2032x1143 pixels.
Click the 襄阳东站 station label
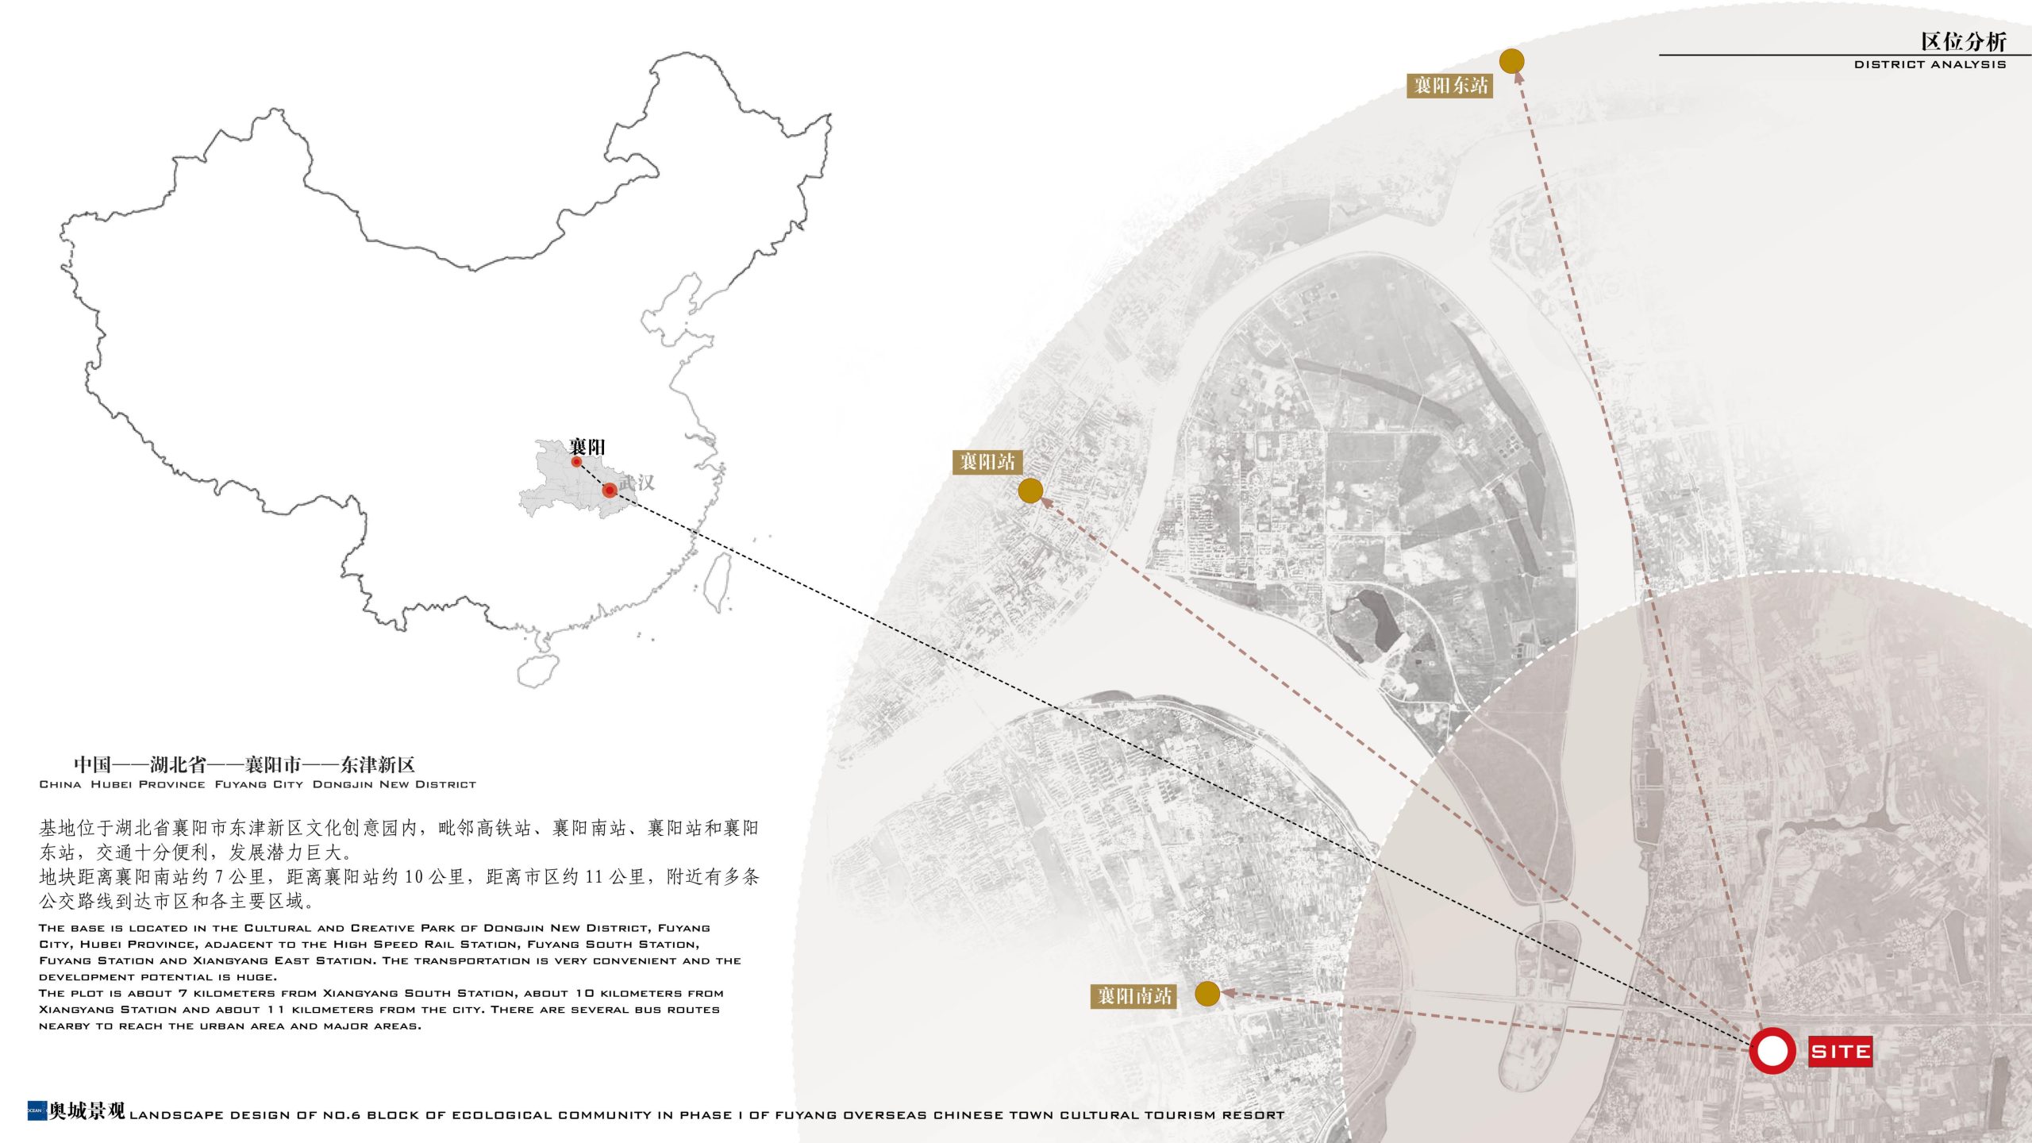point(1450,86)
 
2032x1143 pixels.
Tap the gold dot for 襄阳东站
point(1511,61)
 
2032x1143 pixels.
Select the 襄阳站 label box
point(987,462)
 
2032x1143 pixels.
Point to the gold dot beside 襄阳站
point(1030,491)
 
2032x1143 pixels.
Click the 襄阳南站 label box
point(1134,996)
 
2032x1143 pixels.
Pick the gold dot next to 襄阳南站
point(1206,993)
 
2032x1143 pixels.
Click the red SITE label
point(1840,1052)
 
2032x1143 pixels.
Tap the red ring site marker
point(1772,1051)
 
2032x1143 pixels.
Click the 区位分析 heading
point(1963,41)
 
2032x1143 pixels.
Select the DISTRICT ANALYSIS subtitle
point(1930,64)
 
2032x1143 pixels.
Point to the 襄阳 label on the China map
point(587,447)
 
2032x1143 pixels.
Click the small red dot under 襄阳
point(576,462)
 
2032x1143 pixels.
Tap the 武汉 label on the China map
point(637,483)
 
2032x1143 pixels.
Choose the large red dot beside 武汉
point(609,491)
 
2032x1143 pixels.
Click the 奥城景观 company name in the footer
point(87,1111)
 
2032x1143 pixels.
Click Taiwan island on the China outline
point(719,581)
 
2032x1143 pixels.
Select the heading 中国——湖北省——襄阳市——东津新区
point(244,764)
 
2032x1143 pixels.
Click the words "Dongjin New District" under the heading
point(394,784)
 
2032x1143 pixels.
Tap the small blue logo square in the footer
point(37,1110)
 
